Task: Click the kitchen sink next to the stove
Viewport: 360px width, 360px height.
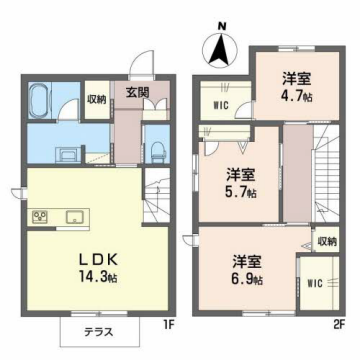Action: click(x=75, y=217)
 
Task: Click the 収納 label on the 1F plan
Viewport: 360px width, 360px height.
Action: click(x=95, y=99)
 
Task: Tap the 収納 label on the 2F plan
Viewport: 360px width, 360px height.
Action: click(x=326, y=241)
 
